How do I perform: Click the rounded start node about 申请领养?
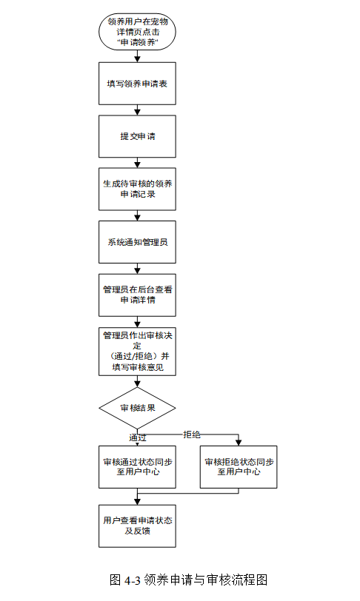pos(137,32)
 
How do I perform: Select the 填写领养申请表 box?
pos(137,84)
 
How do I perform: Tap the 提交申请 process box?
pos(137,136)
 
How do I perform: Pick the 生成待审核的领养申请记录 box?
pos(137,189)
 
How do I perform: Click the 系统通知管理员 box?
pos(137,242)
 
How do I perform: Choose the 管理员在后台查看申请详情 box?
pos(137,295)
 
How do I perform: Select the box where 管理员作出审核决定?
pos(137,352)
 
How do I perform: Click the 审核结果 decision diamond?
pos(137,408)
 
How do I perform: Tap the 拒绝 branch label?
pos(192,434)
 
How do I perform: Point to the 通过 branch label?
pos(137,437)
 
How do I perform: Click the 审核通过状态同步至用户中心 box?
pos(137,467)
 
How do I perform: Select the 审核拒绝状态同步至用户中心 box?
pos(239,467)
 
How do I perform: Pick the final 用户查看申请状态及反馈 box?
pos(137,526)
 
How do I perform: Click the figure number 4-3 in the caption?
pos(133,580)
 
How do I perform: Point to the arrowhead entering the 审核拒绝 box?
pos(239,443)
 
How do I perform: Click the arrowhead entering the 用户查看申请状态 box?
pos(137,502)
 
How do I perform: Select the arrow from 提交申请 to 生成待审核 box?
pos(137,163)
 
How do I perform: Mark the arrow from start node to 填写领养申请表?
pos(137,56)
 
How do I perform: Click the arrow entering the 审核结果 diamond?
pos(137,381)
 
